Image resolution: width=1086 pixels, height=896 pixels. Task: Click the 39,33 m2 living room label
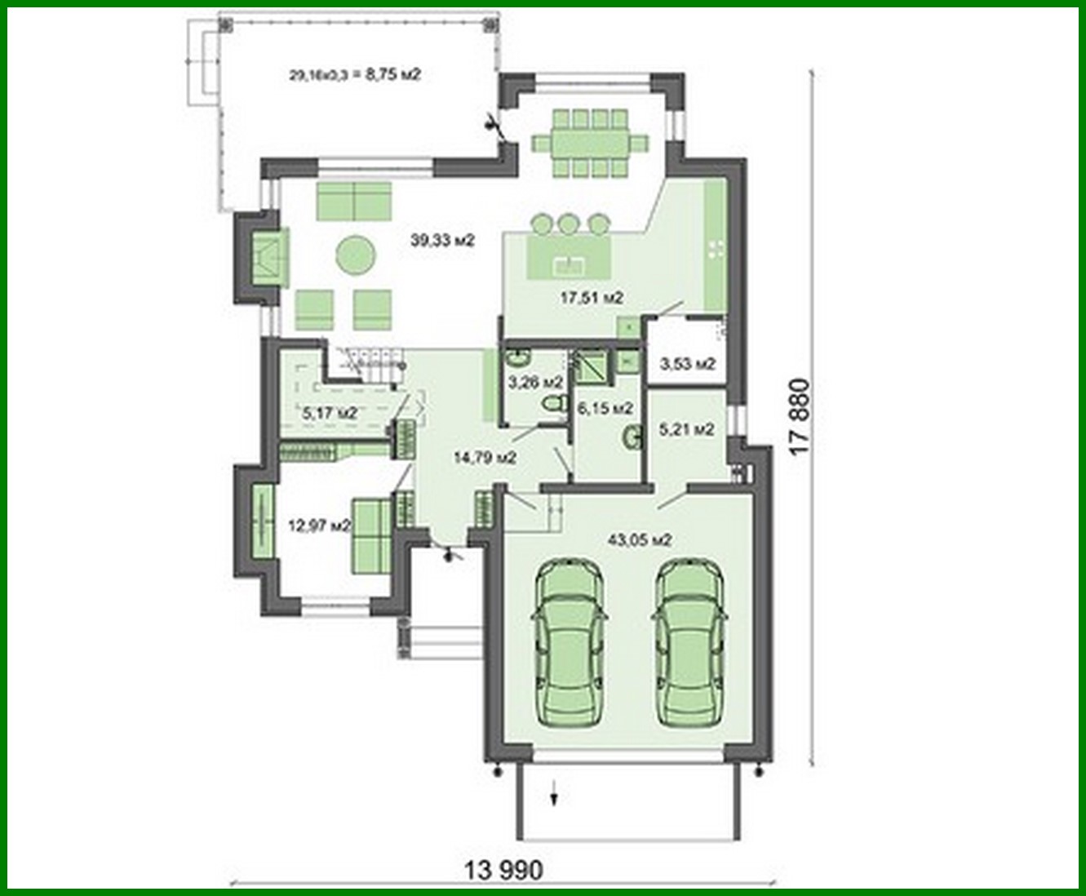point(443,240)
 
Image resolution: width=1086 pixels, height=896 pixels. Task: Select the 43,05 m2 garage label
point(640,539)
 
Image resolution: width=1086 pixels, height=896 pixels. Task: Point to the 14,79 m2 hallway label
point(485,458)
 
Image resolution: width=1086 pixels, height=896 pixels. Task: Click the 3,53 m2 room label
point(687,364)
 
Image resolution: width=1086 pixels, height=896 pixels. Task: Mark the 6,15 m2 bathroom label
point(605,407)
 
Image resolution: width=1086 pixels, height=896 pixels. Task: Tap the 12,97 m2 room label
point(319,526)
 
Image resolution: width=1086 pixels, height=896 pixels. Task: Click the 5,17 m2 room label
point(330,414)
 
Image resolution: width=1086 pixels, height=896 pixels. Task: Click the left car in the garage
point(570,642)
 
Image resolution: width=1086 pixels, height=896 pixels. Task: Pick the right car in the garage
point(690,642)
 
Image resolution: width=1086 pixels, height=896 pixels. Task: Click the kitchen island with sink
point(569,259)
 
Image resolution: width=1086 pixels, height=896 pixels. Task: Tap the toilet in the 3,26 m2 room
point(556,403)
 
